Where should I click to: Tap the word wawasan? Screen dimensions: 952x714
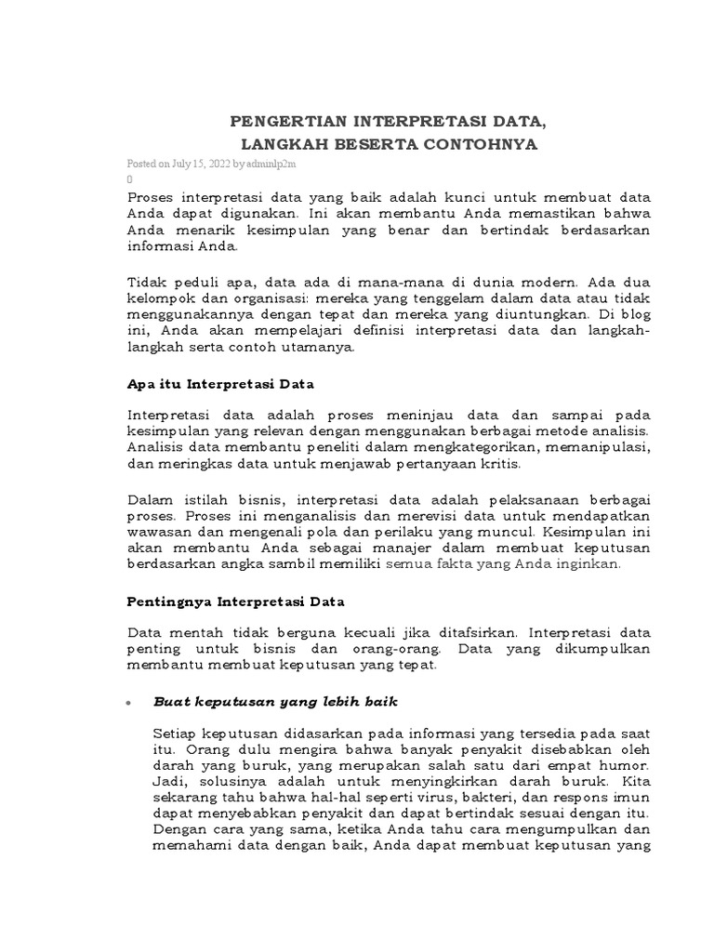[155, 532]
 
